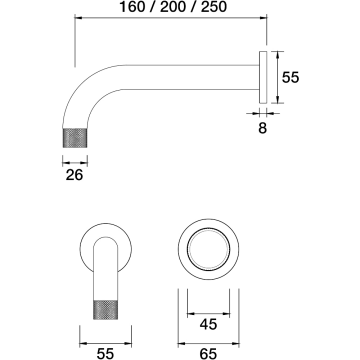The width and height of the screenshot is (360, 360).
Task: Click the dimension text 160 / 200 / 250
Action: (x=173, y=7)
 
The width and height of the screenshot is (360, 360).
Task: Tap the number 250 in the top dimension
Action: (x=214, y=7)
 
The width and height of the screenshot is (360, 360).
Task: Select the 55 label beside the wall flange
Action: (x=291, y=77)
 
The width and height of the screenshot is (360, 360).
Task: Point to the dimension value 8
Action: (x=263, y=128)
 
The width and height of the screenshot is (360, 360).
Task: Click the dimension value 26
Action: (x=74, y=175)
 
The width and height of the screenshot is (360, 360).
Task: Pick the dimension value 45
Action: (x=209, y=324)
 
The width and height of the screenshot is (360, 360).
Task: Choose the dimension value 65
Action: (x=209, y=353)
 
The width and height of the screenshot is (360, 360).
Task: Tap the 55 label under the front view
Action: (x=105, y=353)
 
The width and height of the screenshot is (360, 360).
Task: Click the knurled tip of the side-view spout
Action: (x=75, y=137)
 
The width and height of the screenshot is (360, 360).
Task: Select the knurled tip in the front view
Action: (x=106, y=310)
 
